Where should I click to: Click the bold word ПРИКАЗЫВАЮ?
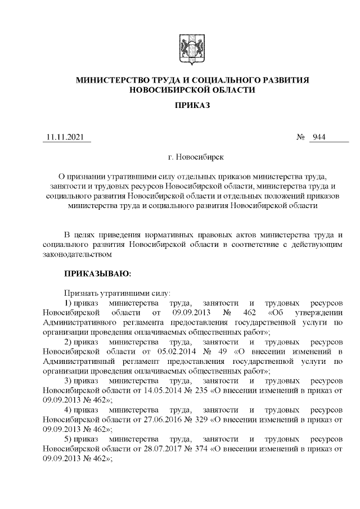97,274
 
